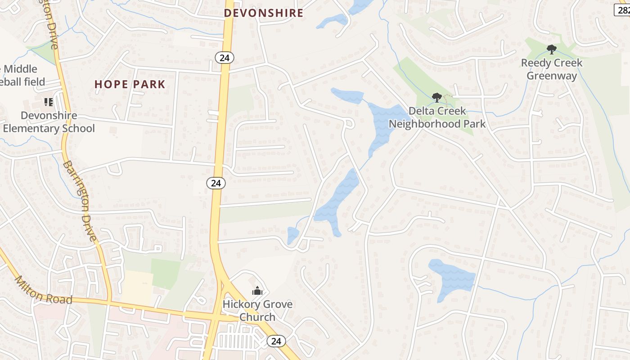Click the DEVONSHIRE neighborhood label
tap(264, 13)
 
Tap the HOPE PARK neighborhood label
tap(130, 84)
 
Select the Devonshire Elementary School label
tap(49, 122)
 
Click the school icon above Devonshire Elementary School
tap(48, 102)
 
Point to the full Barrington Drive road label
tap(80, 201)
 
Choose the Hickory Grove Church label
tap(257, 310)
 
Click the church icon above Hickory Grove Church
tap(257, 291)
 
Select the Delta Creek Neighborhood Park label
tap(437, 117)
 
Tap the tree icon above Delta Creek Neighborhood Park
tap(436, 97)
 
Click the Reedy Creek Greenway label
tap(552, 69)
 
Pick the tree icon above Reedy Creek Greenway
tap(551, 49)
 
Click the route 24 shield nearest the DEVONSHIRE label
tap(224, 57)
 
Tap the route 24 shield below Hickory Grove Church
tap(276, 341)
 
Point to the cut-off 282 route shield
tap(622, 10)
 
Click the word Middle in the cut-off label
tap(20, 69)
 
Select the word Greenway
tap(552, 76)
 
